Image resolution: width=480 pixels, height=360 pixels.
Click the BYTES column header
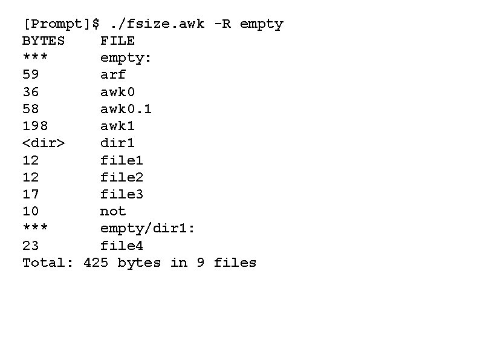pyautogui.click(x=44, y=41)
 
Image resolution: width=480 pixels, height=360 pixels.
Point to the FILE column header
pyautogui.click(x=117, y=41)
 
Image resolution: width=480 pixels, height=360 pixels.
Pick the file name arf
pyautogui.click(x=113, y=75)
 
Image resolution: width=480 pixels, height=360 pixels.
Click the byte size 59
pyautogui.click(x=30, y=75)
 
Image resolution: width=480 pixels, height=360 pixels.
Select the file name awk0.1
pyautogui.click(x=126, y=109)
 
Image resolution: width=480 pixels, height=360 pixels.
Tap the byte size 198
pyautogui.click(x=35, y=126)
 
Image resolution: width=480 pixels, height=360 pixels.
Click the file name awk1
pyautogui.click(x=117, y=126)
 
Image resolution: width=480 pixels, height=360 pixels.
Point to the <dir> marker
pyautogui.click(x=44, y=143)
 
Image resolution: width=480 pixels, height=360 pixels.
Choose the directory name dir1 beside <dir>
pyautogui.click(x=117, y=143)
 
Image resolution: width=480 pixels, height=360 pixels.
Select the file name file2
pyautogui.click(x=122, y=177)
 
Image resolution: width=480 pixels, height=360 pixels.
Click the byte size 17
pyautogui.click(x=30, y=194)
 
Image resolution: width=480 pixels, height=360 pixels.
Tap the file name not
pyautogui.click(x=113, y=211)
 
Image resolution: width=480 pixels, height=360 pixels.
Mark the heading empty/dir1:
pyautogui.click(x=148, y=228)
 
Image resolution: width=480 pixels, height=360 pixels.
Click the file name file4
pyautogui.click(x=122, y=246)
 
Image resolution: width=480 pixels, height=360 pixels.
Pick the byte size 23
pyautogui.click(x=30, y=246)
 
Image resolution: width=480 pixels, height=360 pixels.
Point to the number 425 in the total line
pyautogui.click(x=96, y=263)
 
